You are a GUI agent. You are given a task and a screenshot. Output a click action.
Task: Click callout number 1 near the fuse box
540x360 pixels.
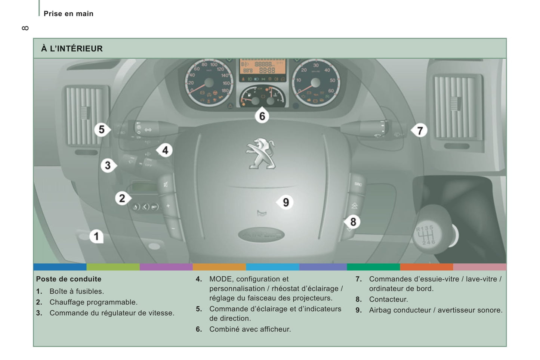click(96, 236)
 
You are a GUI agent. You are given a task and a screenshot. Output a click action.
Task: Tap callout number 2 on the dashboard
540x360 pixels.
click(122, 198)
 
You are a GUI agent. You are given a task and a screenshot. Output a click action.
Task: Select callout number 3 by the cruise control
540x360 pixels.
click(108, 165)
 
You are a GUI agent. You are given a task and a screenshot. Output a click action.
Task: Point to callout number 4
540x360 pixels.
click(165, 150)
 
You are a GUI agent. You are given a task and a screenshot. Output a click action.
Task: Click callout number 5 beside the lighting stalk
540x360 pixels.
click(101, 130)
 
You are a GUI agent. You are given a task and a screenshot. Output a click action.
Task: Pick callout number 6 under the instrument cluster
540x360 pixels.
click(262, 116)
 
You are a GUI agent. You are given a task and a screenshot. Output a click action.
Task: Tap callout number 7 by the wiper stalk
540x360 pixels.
click(420, 131)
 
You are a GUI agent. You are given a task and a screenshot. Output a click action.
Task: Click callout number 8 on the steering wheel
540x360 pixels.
click(353, 222)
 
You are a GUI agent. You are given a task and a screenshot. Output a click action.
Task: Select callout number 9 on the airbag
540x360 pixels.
click(286, 202)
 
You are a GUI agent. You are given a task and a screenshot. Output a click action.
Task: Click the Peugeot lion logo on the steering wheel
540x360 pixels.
click(260, 153)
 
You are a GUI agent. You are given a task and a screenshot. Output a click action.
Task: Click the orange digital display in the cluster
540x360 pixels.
click(262, 68)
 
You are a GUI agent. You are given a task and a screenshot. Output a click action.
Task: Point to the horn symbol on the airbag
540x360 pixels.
click(262, 214)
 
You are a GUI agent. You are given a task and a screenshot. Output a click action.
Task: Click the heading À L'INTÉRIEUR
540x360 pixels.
click(72, 49)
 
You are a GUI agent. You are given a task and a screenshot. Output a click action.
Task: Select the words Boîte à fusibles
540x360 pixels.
click(77, 291)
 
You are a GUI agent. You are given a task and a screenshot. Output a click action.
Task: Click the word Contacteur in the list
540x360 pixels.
click(388, 300)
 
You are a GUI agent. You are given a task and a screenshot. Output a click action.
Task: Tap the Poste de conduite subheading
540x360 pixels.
click(69, 279)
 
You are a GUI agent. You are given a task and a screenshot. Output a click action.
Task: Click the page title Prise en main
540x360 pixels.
click(68, 14)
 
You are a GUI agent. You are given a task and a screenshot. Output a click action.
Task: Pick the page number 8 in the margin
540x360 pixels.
click(25, 28)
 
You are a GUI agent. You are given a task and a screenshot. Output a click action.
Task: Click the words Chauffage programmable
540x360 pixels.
click(93, 302)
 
